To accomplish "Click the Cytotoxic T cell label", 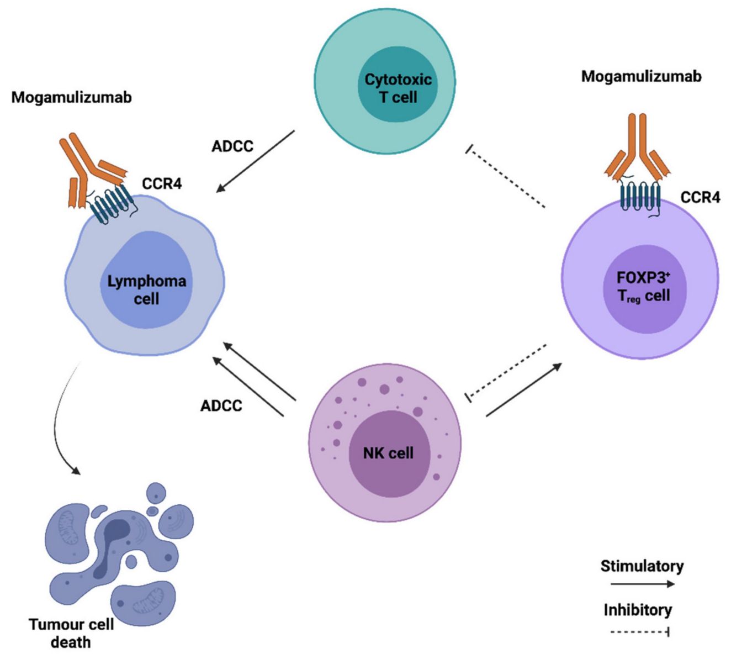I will coord(398,88).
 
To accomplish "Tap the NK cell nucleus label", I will coord(388,454).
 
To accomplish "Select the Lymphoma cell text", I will coord(146,290).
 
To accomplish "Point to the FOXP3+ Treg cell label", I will coord(643,287).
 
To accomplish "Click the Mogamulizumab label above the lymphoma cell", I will coord(72,98).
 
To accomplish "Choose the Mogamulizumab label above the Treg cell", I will coord(641,76).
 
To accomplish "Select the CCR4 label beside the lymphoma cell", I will coord(161,183).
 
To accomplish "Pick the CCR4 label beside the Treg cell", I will coord(700,197).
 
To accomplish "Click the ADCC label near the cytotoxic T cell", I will coord(232,146).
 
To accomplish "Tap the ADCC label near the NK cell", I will coord(221,405).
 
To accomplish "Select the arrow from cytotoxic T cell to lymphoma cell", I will coord(255,161).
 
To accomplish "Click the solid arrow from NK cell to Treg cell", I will coord(524,389).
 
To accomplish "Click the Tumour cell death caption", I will coord(71,633).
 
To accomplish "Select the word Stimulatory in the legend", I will coord(642,566).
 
